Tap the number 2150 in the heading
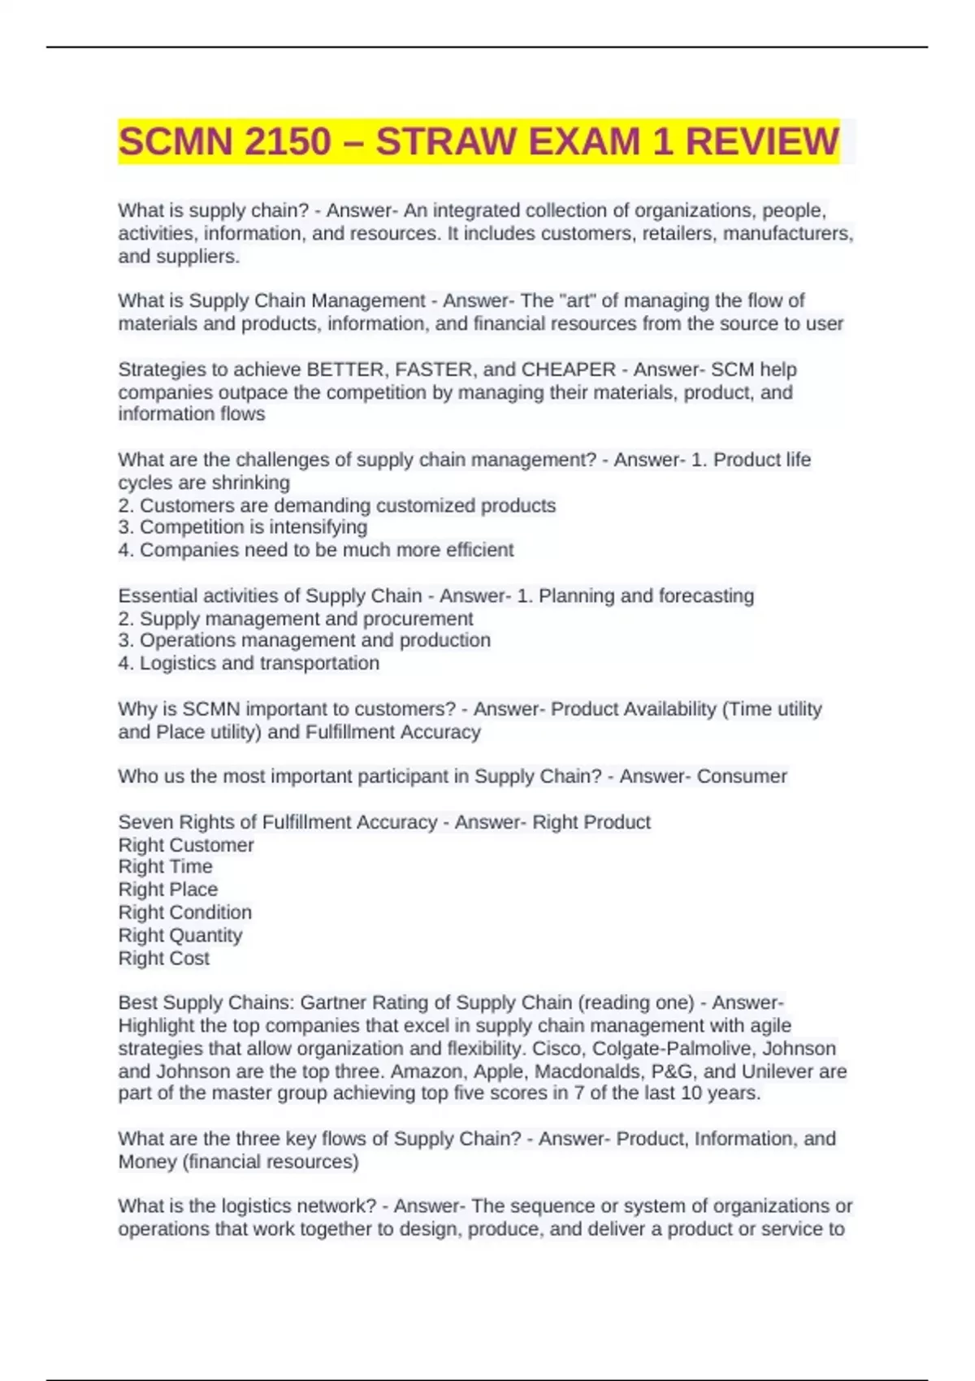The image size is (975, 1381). [288, 142]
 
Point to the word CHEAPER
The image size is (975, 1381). [568, 370]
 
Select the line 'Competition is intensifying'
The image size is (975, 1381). [253, 527]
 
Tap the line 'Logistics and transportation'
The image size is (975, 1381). [258, 663]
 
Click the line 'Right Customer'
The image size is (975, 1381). [186, 845]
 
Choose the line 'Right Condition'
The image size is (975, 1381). [184, 912]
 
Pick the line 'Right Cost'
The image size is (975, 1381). [163, 959]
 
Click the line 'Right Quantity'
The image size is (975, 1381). [180, 936]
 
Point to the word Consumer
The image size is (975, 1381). [742, 777]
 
